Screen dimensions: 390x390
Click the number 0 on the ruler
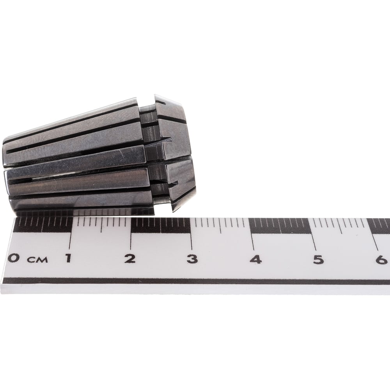coord(13,258)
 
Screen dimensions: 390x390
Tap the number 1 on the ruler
coord(68,258)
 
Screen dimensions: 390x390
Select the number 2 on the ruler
coord(130,259)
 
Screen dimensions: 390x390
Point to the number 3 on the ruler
coord(192,259)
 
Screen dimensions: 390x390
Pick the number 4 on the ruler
coord(256,259)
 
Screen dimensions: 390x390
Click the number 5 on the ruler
coord(319,260)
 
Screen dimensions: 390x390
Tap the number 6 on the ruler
coord(382,260)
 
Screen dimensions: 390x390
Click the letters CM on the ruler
coord(37,260)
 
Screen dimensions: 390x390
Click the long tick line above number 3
coord(191,234)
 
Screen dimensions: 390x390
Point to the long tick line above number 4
coord(252,234)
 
